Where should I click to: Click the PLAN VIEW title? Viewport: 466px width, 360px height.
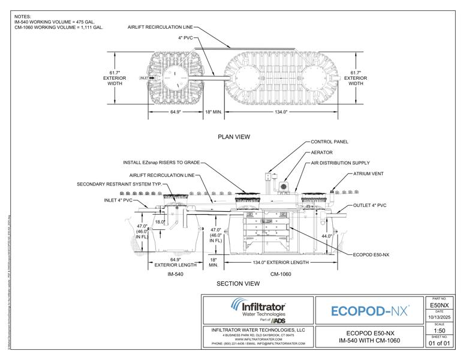point(234,137)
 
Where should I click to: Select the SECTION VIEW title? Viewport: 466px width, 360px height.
point(238,283)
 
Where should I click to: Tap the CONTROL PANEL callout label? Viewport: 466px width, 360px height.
point(329,142)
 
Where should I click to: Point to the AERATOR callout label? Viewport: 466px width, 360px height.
point(323,152)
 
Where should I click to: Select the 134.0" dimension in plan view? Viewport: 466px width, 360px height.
point(281,112)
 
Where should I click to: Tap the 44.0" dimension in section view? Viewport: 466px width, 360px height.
point(327,236)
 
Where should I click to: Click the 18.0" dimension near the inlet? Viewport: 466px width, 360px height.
point(160,221)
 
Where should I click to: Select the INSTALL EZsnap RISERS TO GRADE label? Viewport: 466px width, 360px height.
point(161,162)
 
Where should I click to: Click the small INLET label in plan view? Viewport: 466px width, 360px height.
point(143,78)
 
